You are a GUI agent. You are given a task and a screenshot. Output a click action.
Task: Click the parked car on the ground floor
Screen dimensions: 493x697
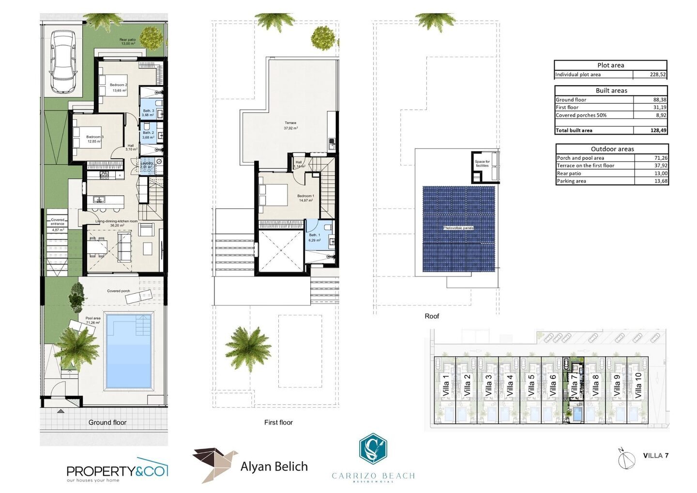coord(63,62)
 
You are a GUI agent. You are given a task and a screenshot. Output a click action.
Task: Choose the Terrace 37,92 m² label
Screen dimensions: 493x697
coord(290,125)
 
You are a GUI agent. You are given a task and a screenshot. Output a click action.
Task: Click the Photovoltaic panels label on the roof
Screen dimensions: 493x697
coord(458,228)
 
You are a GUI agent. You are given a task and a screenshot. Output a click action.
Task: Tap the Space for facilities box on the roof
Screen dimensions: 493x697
coord(482,164)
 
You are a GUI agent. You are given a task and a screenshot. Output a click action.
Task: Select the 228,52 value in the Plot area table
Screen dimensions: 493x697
coord(657,75)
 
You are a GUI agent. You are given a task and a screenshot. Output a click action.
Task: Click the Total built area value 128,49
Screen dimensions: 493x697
coord(658,130)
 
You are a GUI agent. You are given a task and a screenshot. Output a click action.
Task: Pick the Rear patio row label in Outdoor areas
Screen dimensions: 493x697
coord(569,173)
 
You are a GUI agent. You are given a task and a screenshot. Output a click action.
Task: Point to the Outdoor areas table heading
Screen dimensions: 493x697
coord(612,149)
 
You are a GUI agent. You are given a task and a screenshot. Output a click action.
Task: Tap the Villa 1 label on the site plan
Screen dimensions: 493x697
coord(445,385)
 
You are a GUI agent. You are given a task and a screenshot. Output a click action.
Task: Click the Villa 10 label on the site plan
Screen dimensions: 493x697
coord(637,385)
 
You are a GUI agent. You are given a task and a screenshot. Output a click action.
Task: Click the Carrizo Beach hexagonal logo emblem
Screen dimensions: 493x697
coord(373,449)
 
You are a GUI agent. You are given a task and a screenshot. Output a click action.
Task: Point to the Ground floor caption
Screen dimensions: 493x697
coord(107,422)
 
